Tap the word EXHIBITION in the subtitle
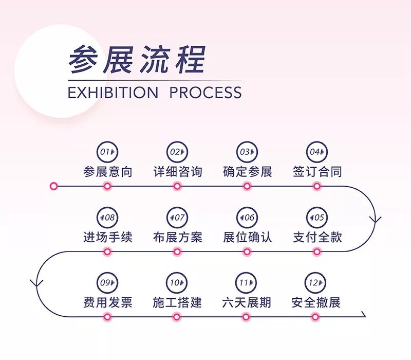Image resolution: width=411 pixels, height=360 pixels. (113, 93)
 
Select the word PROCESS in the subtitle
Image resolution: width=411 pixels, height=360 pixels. (206, 93)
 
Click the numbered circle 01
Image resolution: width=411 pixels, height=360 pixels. (107, 152)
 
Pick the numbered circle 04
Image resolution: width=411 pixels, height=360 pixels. (317, 152)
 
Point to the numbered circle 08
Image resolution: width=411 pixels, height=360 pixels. (107, 218)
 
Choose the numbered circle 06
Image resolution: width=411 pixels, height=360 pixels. (247, 218)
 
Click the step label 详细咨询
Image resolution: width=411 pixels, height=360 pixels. (177, 171)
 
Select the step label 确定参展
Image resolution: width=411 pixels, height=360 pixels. (247, 171)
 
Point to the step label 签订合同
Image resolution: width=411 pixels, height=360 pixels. (317, 171)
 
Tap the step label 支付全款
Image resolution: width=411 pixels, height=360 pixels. (317, 237)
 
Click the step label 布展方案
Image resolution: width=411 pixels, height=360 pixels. (177, 237)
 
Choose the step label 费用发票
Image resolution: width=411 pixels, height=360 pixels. (107, 302)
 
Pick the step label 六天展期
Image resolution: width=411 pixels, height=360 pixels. (247, 302)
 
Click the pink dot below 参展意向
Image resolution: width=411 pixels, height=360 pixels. (107, 186)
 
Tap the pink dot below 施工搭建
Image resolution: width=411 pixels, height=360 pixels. (177, 317)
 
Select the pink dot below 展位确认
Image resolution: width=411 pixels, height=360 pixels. (247, 251)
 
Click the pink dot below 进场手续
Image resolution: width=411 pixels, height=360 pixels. (107, 251)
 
